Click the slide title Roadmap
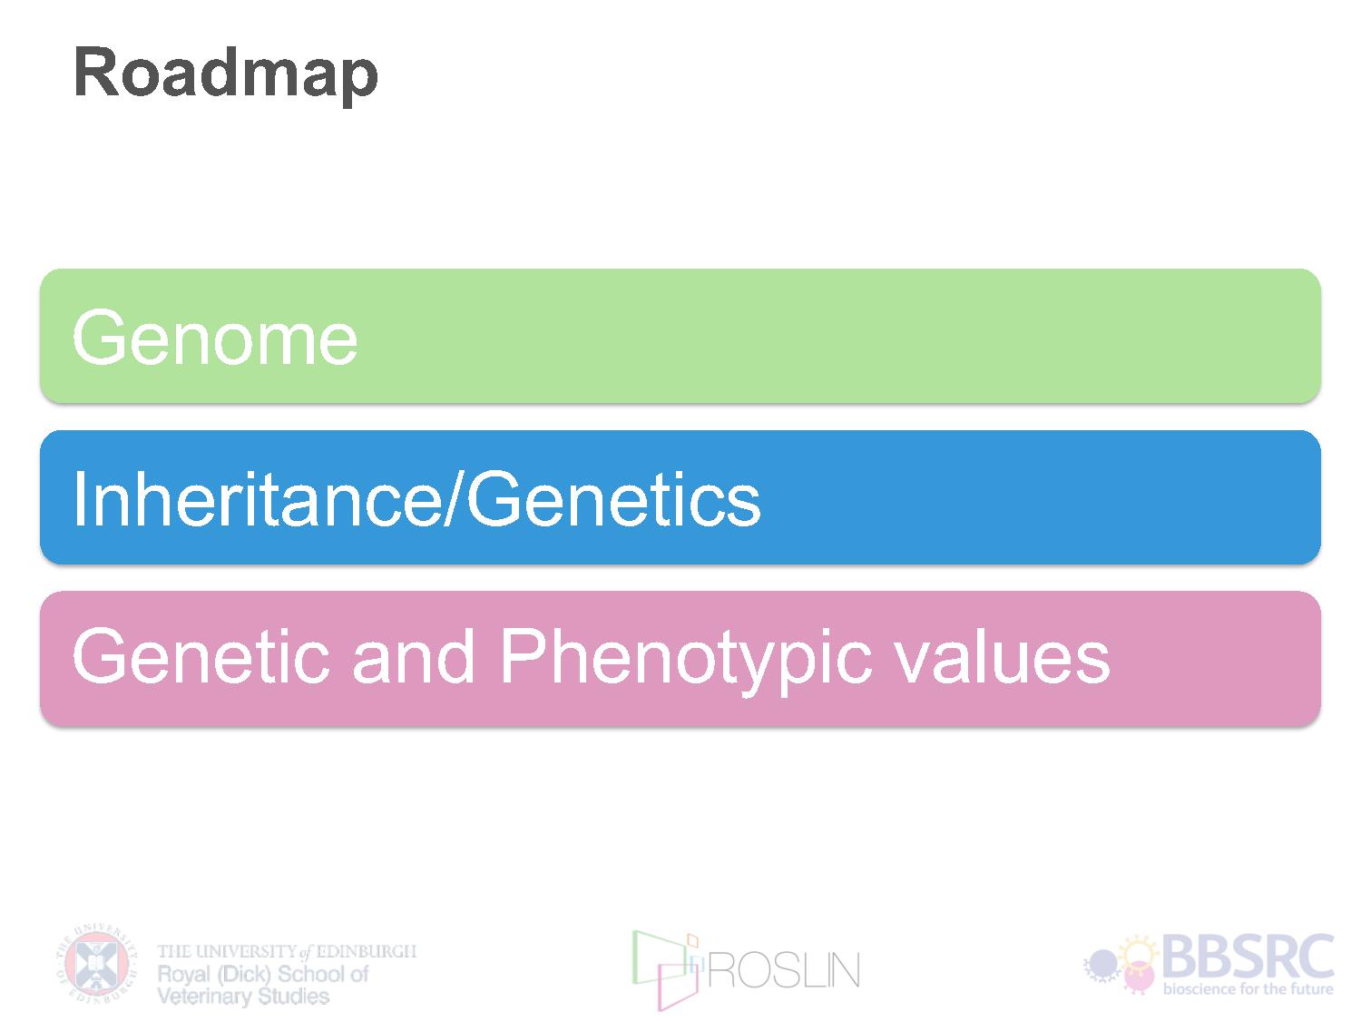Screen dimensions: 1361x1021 pyautogui.click(x=225, y=75)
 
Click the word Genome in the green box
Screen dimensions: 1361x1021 pyautogui.click(x=215, y=339)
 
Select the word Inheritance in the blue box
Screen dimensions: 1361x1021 pyautogui.click(x=258, y=499)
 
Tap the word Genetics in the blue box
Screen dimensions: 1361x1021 pyautogui.click(x=614, y=499)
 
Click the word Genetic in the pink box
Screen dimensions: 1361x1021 pyautogui.click(x=201, y=656)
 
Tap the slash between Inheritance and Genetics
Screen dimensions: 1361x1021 pyautogui.click(x=455, y=499)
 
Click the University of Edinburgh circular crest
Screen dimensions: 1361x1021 pyautogui.click(x=97, y=965)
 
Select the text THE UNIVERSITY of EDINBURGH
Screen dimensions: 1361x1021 pyautogui.click(x=287, y=951)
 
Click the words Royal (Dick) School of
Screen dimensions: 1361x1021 pyautogui.click(x=263, y=975)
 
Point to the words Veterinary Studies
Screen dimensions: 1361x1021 pyautogui.click(x=243, y=996)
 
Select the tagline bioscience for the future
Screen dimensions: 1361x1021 pyautogui.click(x=1248, y=989)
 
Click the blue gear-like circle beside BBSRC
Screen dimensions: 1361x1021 pyautogui.click(x=1102, y=964)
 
